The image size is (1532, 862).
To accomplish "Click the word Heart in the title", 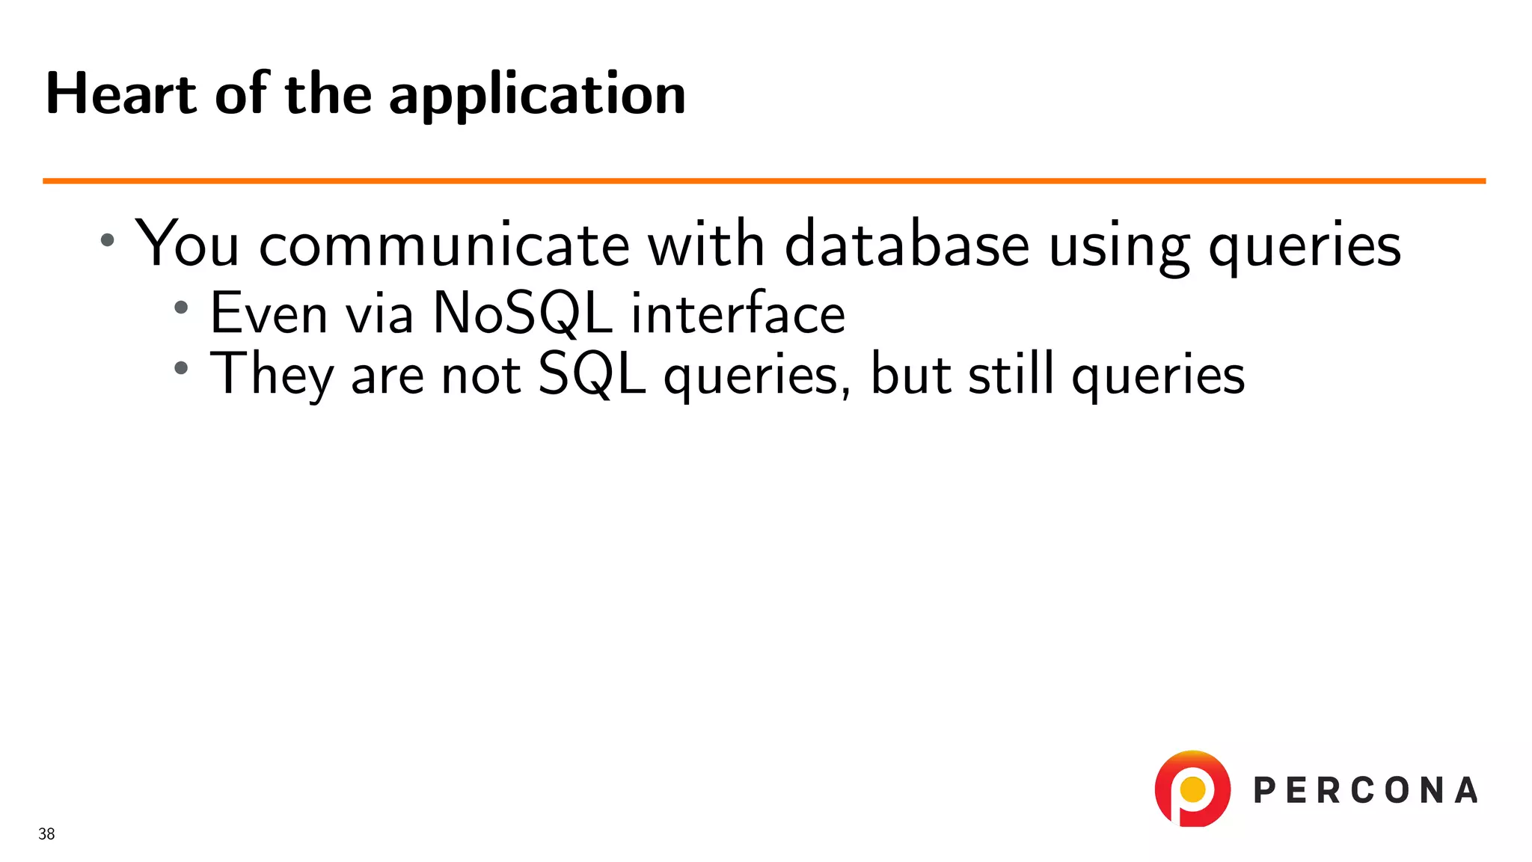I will click(121, 94).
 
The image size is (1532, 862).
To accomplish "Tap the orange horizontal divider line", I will click(763, 180).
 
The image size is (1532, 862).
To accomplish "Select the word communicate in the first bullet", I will click(444, 245).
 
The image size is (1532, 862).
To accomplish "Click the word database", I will click(907, 245).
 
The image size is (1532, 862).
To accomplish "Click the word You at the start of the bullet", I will click(187, 245).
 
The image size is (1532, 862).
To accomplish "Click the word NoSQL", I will click(523, 313).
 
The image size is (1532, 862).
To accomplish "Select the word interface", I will click(738, 313).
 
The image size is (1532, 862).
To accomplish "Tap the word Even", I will click(269, 313).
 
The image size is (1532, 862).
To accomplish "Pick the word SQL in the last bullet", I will click(592, 374).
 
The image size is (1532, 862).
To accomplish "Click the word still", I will click(1011, 373).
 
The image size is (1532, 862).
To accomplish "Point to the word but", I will click(910, 373).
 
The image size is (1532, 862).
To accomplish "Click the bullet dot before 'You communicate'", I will click(108, 240).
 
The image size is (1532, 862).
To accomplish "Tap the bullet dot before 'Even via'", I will click(181, 307).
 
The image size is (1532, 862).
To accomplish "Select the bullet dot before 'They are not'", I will click(181, 367).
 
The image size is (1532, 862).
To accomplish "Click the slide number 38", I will click(46, 834).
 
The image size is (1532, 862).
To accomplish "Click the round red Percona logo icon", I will click(1192, 789).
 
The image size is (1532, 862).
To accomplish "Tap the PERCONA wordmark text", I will click(1365, 791).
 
